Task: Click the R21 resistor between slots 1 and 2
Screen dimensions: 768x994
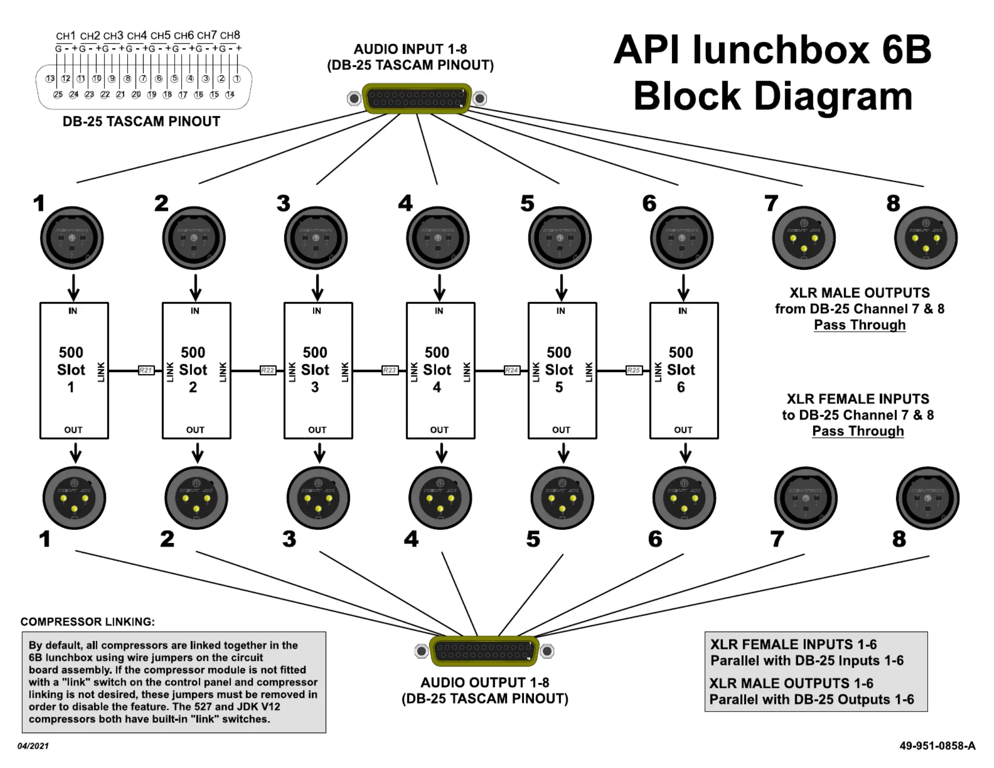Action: coord(146,370)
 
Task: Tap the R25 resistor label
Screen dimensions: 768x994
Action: coord(633,370)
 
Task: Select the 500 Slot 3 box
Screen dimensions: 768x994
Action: coord(318,370)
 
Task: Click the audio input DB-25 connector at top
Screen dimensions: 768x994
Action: coord(417,98)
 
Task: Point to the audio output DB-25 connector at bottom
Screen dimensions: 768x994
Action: coord(484,651)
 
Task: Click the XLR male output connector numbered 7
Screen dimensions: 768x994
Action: coord(804,238)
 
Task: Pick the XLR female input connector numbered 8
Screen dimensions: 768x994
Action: coord(927,498)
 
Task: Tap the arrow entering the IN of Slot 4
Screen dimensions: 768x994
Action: coord(440,287)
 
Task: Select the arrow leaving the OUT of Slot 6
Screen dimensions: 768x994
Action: coord(686,453)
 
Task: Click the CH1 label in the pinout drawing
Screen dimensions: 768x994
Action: coord(65,36)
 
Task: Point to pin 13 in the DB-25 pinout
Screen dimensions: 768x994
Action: coord(50,79)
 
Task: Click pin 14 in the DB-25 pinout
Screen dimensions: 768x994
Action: coord(230,95)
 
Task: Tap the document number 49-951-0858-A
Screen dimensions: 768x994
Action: coord(937,746)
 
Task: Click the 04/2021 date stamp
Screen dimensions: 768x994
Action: coord(33,746)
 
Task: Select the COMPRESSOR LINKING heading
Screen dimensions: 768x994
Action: coord(88,622)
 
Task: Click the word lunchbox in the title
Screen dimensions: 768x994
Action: coord(781,50)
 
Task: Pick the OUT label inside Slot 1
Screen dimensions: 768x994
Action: coord(73,430)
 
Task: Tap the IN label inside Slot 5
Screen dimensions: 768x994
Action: coord(561,311)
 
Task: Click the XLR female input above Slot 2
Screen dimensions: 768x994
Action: coord(194,238)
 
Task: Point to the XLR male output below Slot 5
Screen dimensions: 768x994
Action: coord(562,498)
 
